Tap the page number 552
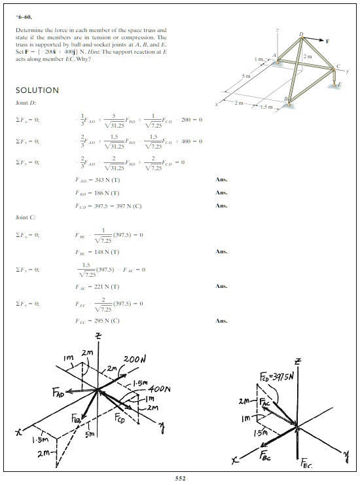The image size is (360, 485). click(x=180, y=478)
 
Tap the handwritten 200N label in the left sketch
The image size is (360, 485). click(x=138, y=362)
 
